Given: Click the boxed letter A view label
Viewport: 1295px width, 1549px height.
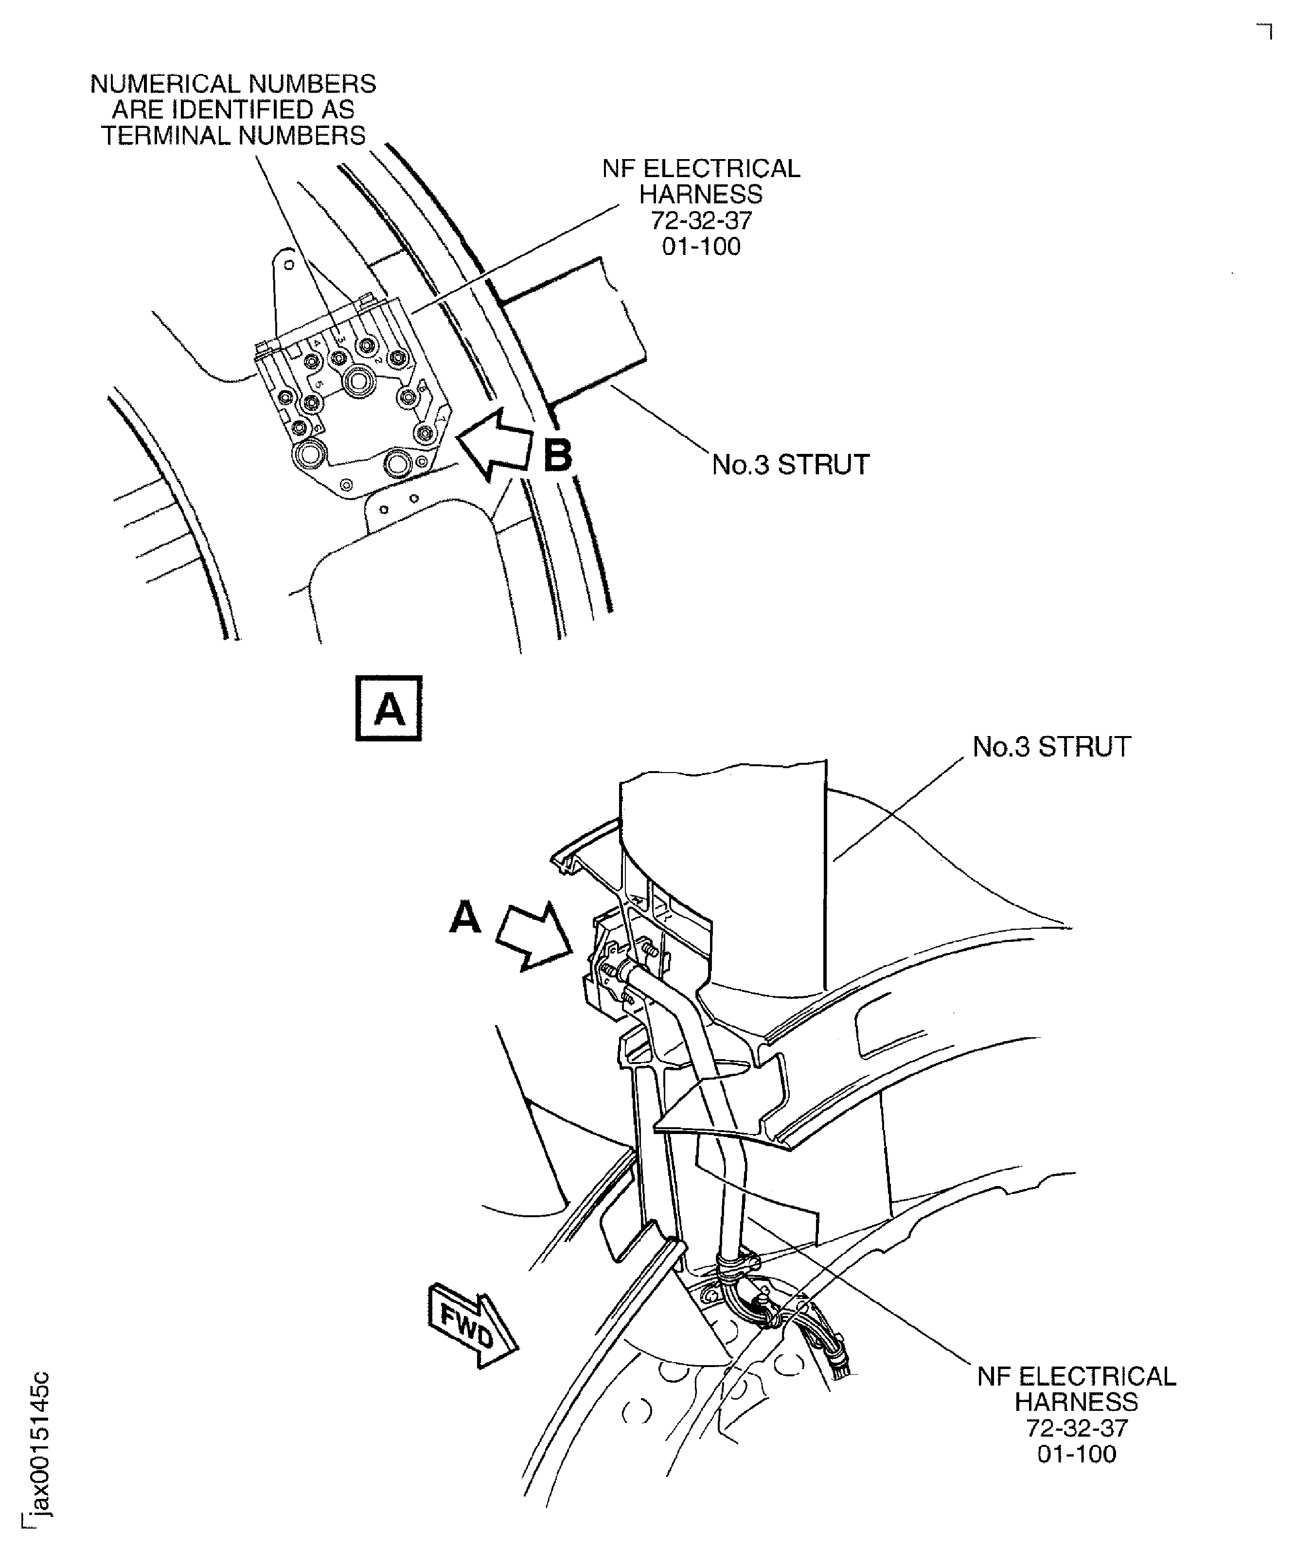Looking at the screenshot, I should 389,708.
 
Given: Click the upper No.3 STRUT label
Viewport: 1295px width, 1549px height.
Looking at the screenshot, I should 791,465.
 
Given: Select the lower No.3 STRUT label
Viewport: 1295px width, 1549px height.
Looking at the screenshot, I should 1052,746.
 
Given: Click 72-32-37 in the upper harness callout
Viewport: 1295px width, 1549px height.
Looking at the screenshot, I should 701,220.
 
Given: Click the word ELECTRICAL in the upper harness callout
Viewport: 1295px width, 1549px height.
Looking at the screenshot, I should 722,169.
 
